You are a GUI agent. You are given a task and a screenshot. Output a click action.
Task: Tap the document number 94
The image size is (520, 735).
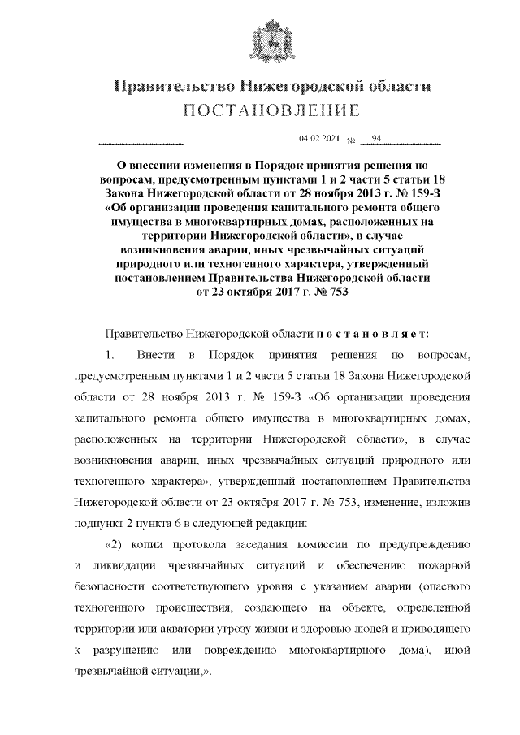click(376, 140)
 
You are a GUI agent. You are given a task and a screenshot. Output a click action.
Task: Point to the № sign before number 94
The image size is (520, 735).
click(352, 141)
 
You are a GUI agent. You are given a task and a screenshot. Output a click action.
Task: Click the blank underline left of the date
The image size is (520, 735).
click(141, 142)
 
